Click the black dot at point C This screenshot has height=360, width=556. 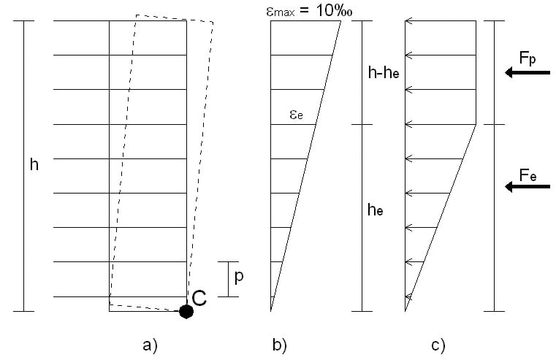tap(186, 312)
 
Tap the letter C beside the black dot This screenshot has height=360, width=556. tap(199, 297)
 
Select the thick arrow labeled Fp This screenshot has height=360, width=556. tap(527, 72)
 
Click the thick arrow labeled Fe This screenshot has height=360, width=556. tap(527, 188)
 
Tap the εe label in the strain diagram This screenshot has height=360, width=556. tap(296, 115)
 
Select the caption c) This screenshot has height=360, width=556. tap(438, 345)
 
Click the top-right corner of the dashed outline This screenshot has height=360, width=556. tap(212, 22)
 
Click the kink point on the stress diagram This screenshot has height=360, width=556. tap(476, 125)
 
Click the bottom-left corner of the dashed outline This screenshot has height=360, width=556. tap(110, 304)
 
